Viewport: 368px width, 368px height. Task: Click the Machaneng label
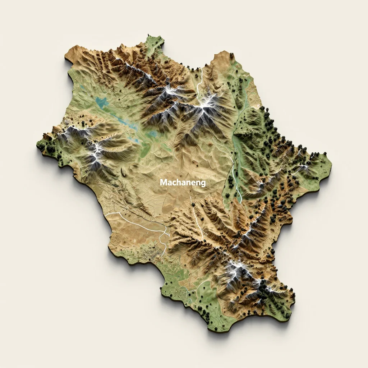pyautogui.click(x=183, y=183)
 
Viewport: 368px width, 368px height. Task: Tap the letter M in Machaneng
pyautogui.click(x=163, y=183)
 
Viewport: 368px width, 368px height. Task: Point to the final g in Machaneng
pyautogui.click(x=203, y=184)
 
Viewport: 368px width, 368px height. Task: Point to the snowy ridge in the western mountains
pyautogui.click(x=95, y=151)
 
